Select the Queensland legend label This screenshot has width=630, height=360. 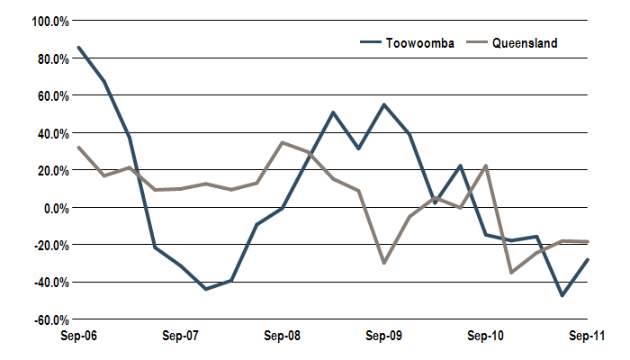(x=525, y=42)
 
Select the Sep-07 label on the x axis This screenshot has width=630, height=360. (x=180, y=336)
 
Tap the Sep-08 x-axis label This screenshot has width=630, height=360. (x=282, y=336)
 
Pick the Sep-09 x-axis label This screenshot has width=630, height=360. (x=384, y=336)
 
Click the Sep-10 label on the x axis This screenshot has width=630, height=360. (x=486, y=336)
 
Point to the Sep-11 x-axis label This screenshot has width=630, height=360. (x=588, y=336)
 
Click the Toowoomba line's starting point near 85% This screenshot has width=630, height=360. (x=78, y=48)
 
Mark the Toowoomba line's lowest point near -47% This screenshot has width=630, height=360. (x=562, y=295)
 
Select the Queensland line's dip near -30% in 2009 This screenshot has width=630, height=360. (x=384, y=263)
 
